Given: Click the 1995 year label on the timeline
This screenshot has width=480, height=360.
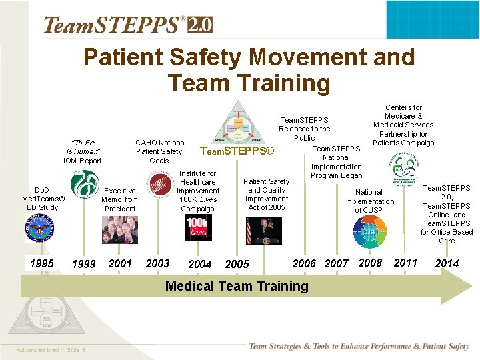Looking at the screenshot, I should (42, 263).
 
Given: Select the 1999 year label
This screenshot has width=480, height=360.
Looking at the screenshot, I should (83, 265).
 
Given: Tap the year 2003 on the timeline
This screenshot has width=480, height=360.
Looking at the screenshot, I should (157, 263).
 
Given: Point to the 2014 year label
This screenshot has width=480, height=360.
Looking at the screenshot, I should (447, 263).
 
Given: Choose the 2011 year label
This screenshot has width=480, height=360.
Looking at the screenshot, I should (405, 263).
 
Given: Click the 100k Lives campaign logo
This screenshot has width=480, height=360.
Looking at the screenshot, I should (198, 228).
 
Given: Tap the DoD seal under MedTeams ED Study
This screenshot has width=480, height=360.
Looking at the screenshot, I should (39, 229).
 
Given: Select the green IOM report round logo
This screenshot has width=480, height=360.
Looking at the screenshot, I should (85, 185).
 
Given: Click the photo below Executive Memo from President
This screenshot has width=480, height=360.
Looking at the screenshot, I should (120, 230).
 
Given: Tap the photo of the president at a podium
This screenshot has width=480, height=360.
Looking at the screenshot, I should (264, 230).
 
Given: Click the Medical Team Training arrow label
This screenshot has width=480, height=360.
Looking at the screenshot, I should (237, 286).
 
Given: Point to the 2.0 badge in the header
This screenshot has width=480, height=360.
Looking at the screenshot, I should (199, 25).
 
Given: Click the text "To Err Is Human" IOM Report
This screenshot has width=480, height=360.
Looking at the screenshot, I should (83, 152).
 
